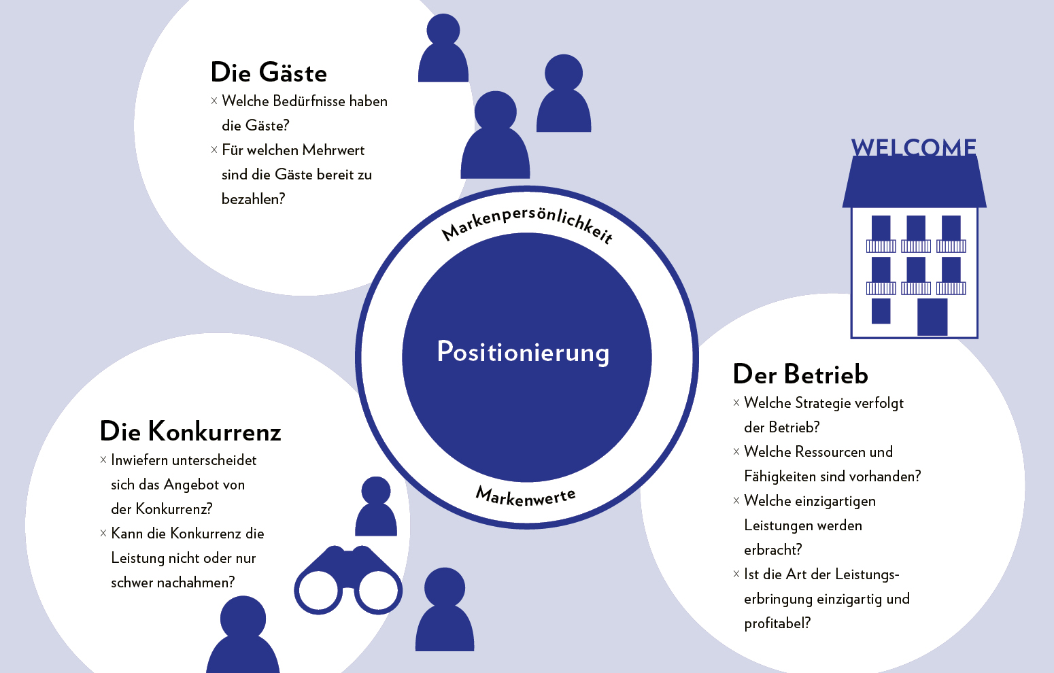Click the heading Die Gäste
pyautogui.click(x=269, y=73)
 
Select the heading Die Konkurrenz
pyautogui.click(x=190, y=432)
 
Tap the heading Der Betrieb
pyautogui.click(x=800, y=375)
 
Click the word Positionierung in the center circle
pyautogui.click(x=523, y=352)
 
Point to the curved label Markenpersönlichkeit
pyautogui.click(x=528, y=220)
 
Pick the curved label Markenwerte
pyautogui.click(x=526, y=498)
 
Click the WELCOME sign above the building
pyautogui.click(x=913, y=148)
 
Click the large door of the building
pyautogui.click(x=932, y=317)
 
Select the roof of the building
pyautogui.click(x=914, y=182)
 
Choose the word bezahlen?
pyautogui.click(x=253, y=199)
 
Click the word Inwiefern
pyautogui.click(x=139, y=460)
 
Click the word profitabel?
pyautogui.click(x=777, y=623)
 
